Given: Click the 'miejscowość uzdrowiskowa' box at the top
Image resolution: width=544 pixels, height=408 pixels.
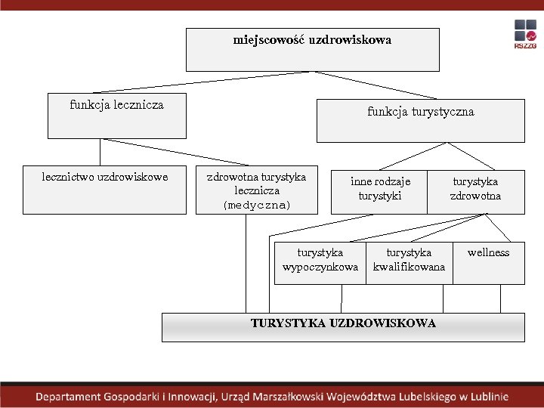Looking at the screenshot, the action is (312, 50).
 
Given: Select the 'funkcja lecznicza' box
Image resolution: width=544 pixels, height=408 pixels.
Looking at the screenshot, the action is (116, 116).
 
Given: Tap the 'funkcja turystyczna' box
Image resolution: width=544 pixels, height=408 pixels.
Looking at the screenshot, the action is (420, 121).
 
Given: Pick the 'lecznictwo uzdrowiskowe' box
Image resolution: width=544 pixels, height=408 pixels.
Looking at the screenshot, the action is (104, 190).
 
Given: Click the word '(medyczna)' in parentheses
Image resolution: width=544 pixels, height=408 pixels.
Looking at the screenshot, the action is (257, 206).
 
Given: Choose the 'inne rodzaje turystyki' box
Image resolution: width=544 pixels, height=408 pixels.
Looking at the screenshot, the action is (379, 190).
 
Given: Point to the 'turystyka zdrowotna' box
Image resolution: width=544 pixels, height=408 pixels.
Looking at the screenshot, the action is (476, 190).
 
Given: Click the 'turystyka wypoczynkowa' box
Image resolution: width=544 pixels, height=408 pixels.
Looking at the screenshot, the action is (320, 261).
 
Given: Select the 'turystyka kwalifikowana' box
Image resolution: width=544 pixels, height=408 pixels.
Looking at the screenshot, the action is (409, 261).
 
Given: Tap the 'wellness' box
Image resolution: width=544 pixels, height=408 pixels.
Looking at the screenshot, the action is (488, 261).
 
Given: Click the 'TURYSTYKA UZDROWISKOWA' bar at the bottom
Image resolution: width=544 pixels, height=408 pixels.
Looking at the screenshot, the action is (343, 326).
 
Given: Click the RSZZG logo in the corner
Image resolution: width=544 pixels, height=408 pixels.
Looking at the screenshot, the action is (525, 35).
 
